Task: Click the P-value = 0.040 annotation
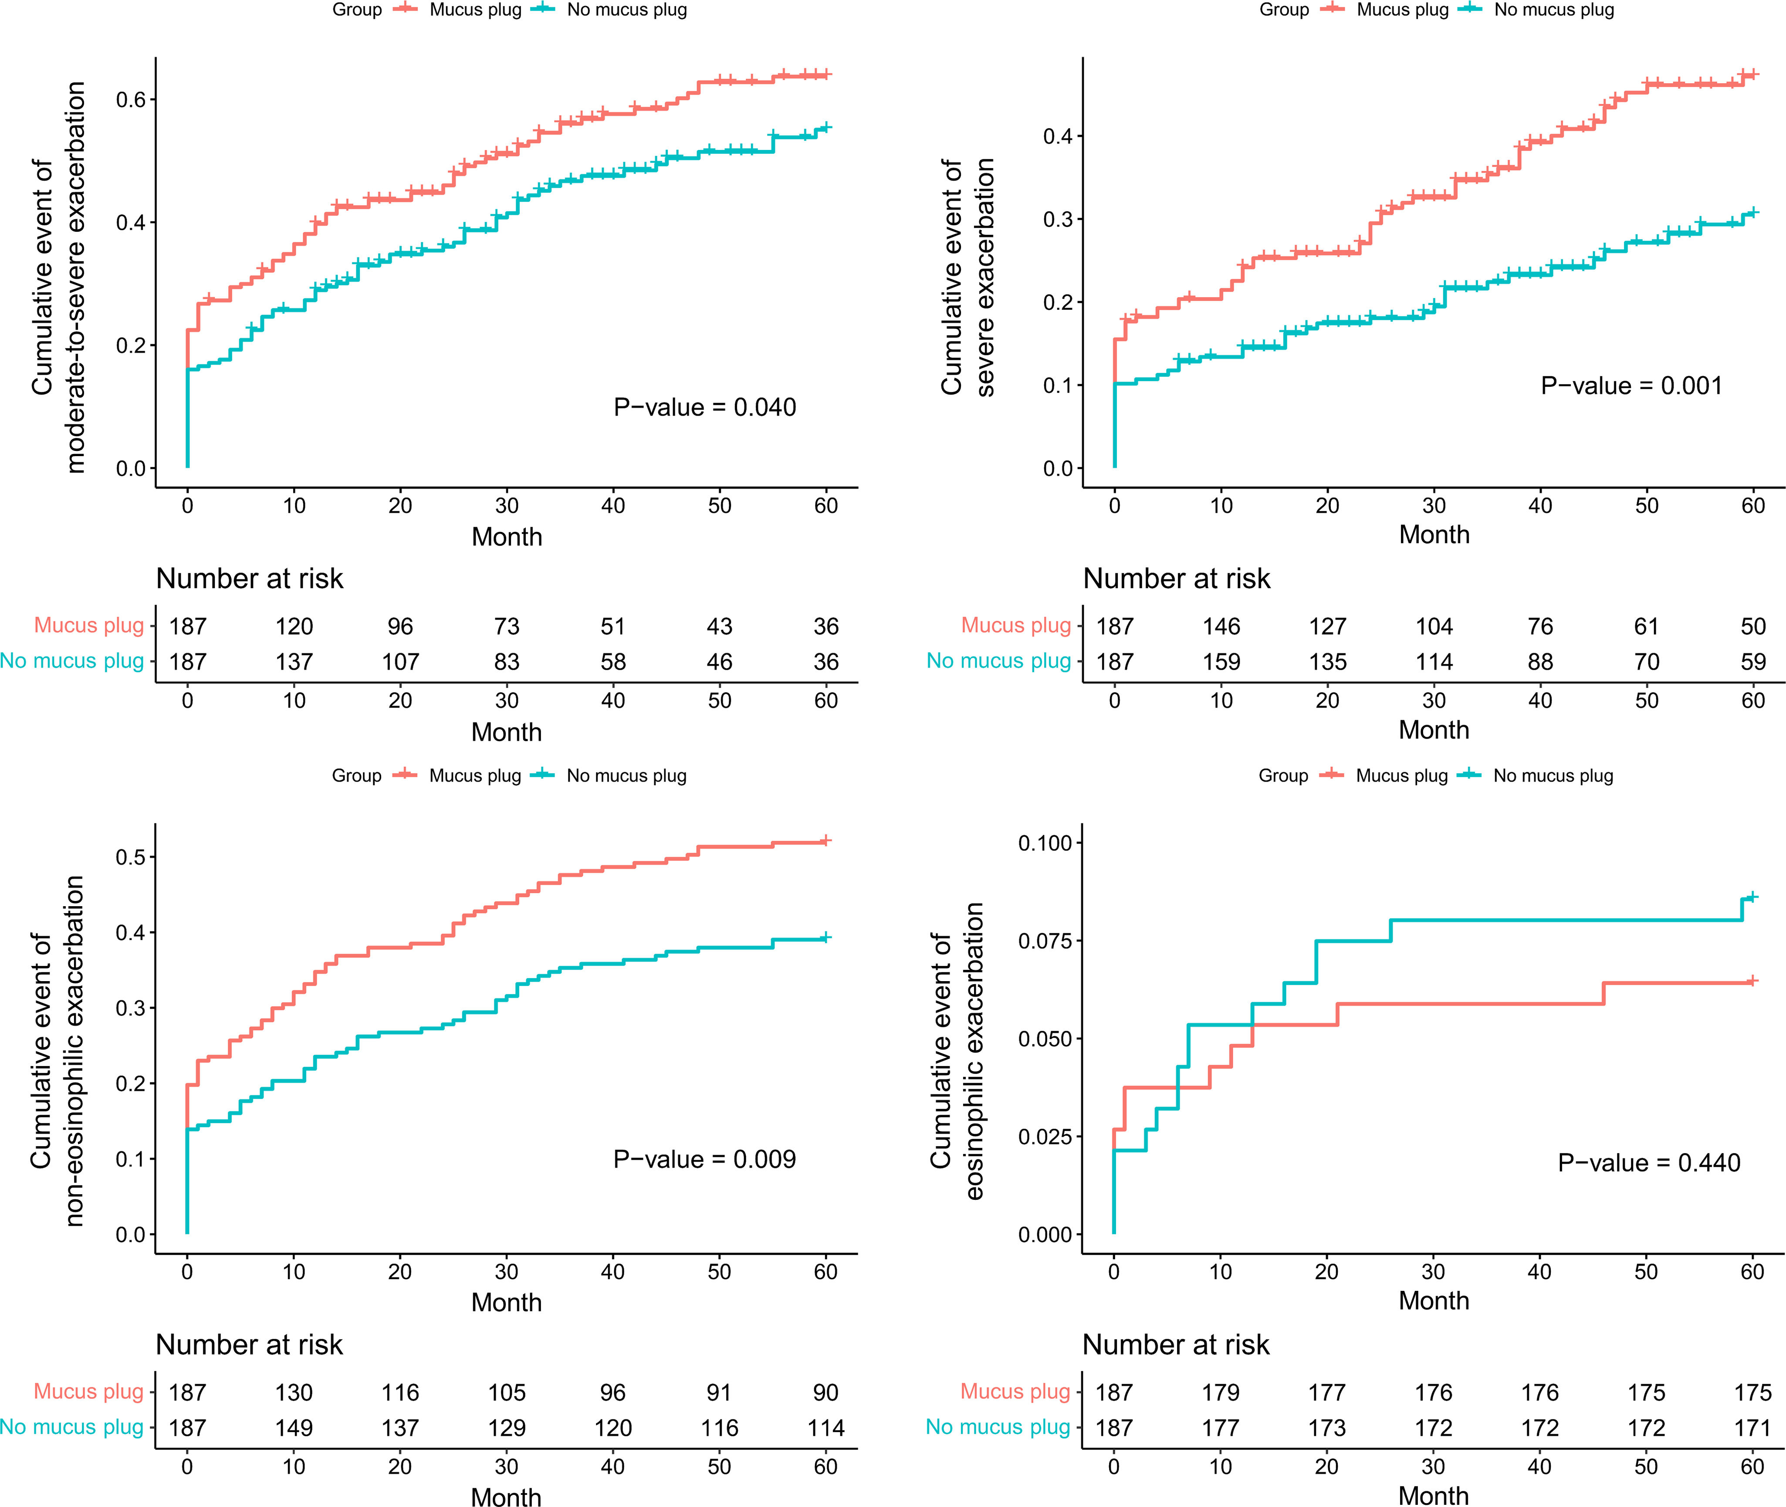pos(705,407)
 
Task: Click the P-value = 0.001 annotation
pos(1631,386)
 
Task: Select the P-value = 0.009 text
pos(705,1159)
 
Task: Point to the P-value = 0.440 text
pos(1648,1163)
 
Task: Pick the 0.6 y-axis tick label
pos(131,100)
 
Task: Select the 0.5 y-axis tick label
pos(131,857)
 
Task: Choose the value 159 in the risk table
pos(1221,662)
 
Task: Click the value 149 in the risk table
pos(294,1429)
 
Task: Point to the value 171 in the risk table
pos(1753,1429)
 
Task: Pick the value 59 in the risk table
pos(1753,662)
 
